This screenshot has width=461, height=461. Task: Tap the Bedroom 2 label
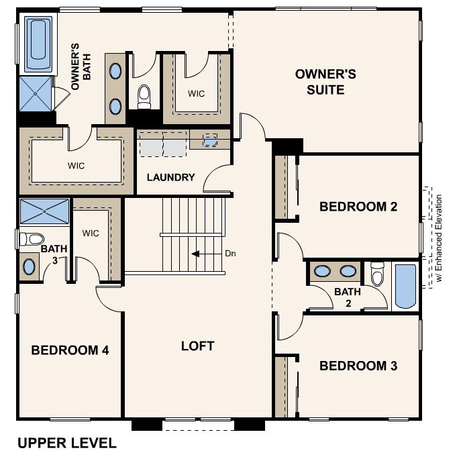click(358, 207)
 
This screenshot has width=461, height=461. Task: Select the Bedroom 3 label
click(358, 366)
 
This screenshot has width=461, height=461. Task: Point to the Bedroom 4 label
click(70, 350)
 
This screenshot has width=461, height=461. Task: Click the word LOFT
click(198, 346)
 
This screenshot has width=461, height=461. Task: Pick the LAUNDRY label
click(171, 178)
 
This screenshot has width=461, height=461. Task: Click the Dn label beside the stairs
click(230, 254)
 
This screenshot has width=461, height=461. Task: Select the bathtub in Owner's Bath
click(38, 44)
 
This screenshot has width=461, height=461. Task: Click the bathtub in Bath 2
click(405, 287)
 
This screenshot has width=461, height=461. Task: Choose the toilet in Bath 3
click(32, 238)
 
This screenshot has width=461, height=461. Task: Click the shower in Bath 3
click(44, 211)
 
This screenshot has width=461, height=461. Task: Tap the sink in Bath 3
click(30, 266)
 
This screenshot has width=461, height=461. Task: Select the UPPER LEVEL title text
click(66, 443)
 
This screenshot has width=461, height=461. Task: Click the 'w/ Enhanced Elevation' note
click(438, 238)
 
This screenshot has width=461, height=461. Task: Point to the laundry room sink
click(210, 141)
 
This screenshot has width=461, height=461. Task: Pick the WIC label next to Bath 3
click(91, 233)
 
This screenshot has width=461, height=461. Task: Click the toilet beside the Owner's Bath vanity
click(144, 97)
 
